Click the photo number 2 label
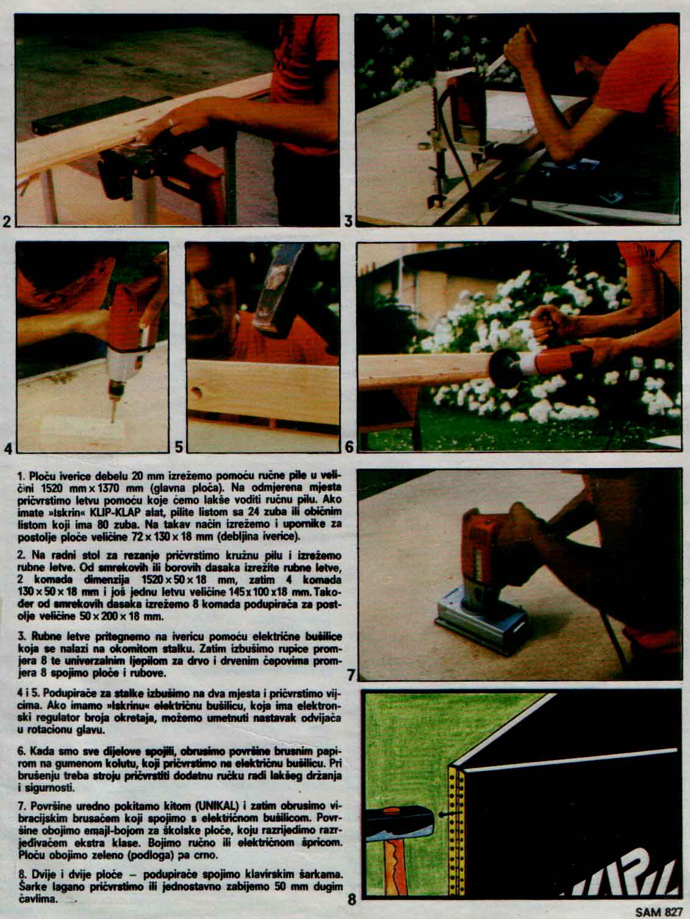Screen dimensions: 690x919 7,221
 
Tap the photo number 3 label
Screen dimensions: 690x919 348,221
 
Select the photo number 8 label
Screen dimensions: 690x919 353,899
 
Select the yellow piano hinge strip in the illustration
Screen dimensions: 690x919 457,833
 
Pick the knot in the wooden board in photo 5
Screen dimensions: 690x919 196,392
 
